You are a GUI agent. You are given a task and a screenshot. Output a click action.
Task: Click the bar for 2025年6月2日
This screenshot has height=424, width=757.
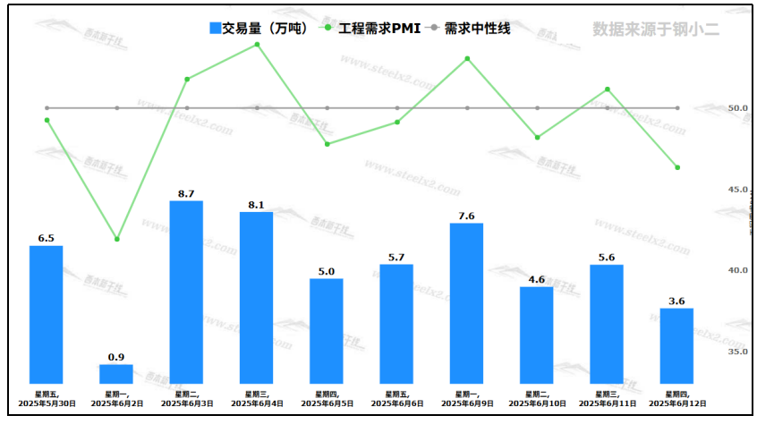(x=116, y=374)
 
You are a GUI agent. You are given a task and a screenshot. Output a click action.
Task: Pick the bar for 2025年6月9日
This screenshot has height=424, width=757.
(x=466, y=303)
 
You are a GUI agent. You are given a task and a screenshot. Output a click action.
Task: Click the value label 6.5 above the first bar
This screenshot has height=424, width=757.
(x=47, y=238)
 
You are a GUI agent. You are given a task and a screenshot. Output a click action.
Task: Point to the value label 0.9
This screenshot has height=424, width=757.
(x=116, y=357)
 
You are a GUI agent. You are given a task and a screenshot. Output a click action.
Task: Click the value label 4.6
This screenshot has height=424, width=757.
(x=537, y=279)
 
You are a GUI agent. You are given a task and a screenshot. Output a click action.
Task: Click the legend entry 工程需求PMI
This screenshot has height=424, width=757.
(x=371, y=29)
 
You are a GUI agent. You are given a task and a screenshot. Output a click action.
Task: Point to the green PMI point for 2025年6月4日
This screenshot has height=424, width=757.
(x=257, y=44)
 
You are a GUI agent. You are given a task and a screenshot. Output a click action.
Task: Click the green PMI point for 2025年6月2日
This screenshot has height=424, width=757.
(x=116, y=239)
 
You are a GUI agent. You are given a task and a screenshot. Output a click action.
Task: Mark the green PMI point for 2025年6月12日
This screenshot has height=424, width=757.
(x=677, y=167)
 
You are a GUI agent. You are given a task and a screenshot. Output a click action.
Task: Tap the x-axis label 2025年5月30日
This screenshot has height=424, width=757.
(x=47, y=404)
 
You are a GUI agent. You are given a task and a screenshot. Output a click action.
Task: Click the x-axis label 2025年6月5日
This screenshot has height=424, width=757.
(x=327, y=404)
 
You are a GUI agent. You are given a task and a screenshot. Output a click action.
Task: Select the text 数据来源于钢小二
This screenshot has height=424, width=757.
(x=656, y=29)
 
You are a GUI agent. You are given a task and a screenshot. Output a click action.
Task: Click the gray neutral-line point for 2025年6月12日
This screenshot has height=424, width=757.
(x=677, y=108)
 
